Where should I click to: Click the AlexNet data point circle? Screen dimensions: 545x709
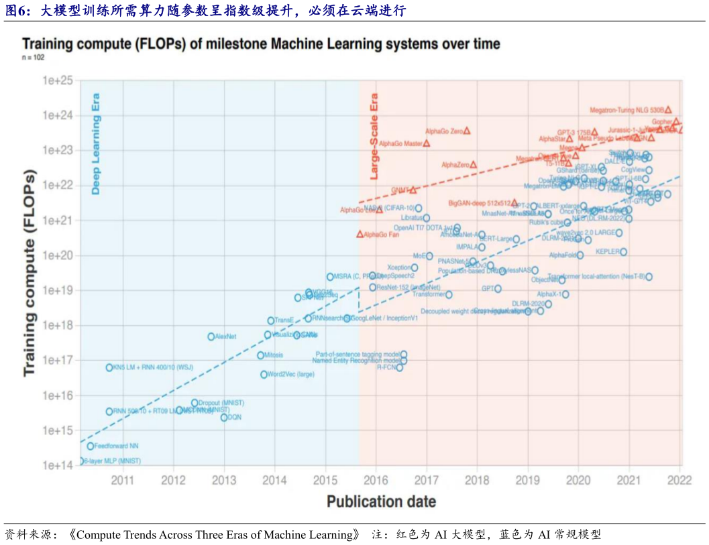tap(211, 337)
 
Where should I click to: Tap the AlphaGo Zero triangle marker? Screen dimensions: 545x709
tap(467, 131)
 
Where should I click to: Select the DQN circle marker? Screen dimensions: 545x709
tap(224, 417)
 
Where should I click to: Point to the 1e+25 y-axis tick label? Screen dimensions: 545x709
tap(57, 80)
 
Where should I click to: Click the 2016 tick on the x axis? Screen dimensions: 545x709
tap(376, 479)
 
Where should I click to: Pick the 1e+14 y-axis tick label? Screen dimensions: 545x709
tap(57, 465)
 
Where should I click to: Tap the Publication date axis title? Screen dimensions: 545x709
tap(381, 501)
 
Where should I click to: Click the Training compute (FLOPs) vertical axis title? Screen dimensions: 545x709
tap(30, 271)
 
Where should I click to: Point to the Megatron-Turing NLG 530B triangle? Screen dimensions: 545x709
tap(668, 109)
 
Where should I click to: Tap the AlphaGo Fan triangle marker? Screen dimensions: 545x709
tap(360, 234)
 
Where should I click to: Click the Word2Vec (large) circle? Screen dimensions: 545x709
tap(264, 374)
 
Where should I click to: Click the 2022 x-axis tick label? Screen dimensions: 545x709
tap(679, 479)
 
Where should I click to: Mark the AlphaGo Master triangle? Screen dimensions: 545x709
tap(427, 143)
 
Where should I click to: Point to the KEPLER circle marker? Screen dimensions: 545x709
tap(623, 252)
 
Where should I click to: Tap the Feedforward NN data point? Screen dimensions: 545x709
tap(91, 446)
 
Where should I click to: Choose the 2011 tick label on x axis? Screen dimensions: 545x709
tap(123, 479)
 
